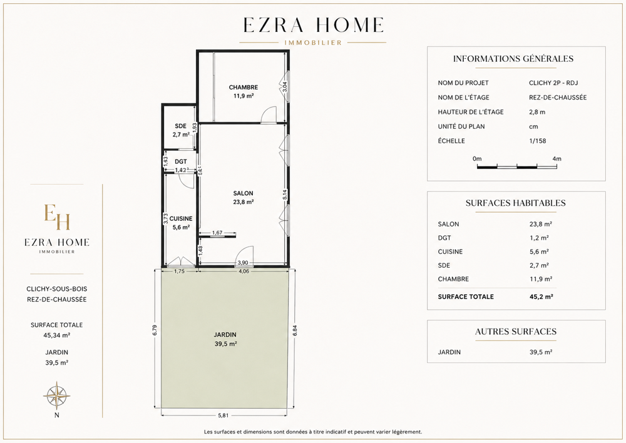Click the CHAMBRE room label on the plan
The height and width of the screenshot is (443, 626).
point(243,88)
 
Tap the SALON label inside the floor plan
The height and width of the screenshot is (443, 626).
point(243,193)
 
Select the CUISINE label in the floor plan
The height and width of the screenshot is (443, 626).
point(181,219)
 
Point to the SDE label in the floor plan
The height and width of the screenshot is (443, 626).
point(180,126)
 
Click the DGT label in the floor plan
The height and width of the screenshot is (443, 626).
point(181,161)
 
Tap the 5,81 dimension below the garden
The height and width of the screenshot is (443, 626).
point(223,415)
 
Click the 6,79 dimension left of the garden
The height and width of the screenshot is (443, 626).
point(155,330)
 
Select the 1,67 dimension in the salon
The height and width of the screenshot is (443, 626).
point(217,233)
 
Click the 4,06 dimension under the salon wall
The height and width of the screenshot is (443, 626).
point(244,272)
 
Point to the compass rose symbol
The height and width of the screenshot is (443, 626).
point(57,395)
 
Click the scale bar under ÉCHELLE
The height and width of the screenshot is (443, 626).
point(516,166)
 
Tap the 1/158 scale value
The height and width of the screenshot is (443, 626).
point(537,141)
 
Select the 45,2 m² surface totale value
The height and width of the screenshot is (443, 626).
point(541,297)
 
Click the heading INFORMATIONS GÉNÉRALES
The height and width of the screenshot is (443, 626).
point(513,59)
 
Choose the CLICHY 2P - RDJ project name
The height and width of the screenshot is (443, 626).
point(553,83)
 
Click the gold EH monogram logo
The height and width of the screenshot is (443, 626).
point(57,217)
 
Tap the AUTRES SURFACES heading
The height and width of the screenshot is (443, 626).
point(516,332)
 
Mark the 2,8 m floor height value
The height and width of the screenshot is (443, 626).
point(537,112)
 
